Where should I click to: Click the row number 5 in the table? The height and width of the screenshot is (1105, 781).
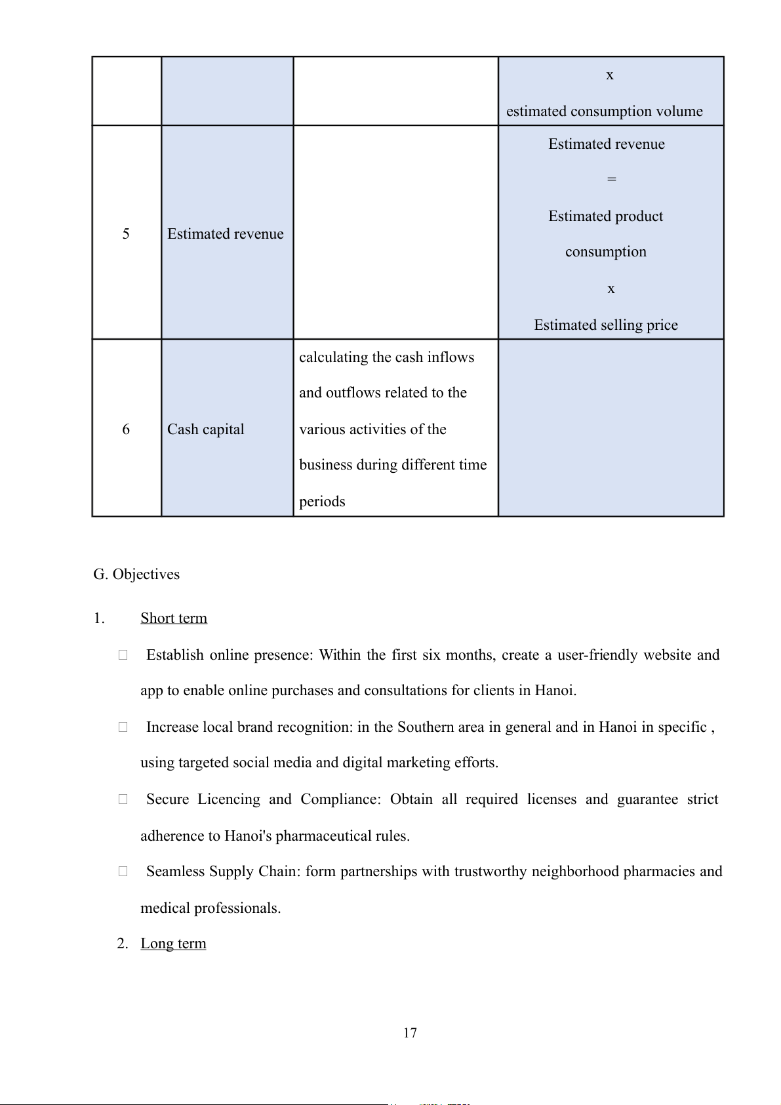[x=126, y=234]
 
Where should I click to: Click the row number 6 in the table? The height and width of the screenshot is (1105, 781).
[x=126, y=430]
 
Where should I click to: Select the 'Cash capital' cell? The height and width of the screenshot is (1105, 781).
[x=206, y=430]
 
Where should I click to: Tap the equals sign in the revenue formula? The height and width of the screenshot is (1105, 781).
[x=611, y=179]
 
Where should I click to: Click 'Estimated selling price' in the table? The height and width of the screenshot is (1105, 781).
[x=606, y=325]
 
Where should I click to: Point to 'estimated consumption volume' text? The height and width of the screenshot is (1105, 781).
[x=604, y=111]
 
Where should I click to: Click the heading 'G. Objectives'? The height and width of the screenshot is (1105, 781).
[x=136, y=574]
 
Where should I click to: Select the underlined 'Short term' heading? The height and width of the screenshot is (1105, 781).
[x=174, y=618]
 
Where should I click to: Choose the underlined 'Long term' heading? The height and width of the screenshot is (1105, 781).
[x=173, y=944]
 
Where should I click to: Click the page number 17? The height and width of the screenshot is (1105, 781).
[x=410, y=1033]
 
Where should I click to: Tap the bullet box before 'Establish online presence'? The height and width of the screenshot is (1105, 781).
[x=123, y=655]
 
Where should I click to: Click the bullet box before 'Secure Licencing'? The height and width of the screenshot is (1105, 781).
[x=123, y=799]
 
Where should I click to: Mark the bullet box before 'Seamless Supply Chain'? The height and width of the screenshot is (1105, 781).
[x=123, y=872]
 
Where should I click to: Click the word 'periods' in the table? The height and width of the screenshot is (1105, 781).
[x=322, y=502]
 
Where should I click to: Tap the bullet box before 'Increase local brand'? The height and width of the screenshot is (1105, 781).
[x=123, y=727]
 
